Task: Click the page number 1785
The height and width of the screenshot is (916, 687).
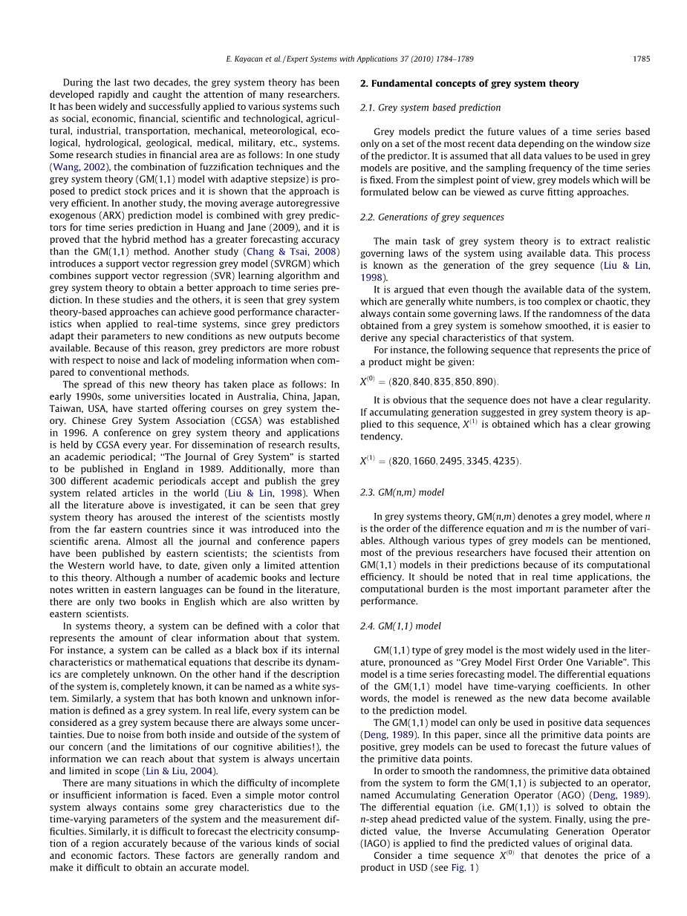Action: click(641, 58)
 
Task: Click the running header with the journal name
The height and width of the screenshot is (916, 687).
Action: click(348, 58)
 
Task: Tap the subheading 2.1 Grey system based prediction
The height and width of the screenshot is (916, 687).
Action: click(430, 108)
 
